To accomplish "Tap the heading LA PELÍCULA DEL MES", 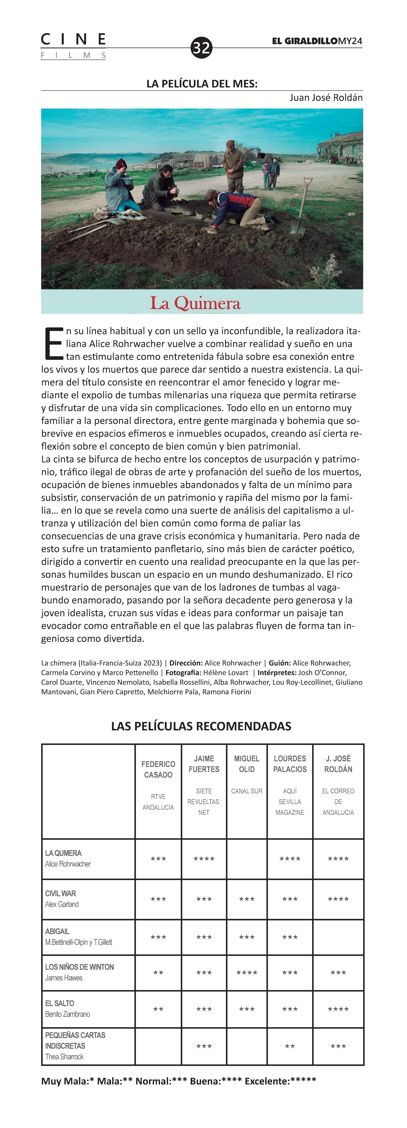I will [202, 84].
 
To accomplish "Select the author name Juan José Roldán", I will [326, 98].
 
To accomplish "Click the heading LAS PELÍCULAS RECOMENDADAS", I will [201, 726].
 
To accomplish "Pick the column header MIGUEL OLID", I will [247, 764].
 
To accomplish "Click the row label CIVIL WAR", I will [60, 893].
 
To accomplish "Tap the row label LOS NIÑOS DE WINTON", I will [79, 967].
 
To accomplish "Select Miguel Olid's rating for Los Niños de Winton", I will [247, 973].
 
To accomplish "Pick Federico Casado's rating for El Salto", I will [158, 1009].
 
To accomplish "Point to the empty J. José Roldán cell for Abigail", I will [338, 937].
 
